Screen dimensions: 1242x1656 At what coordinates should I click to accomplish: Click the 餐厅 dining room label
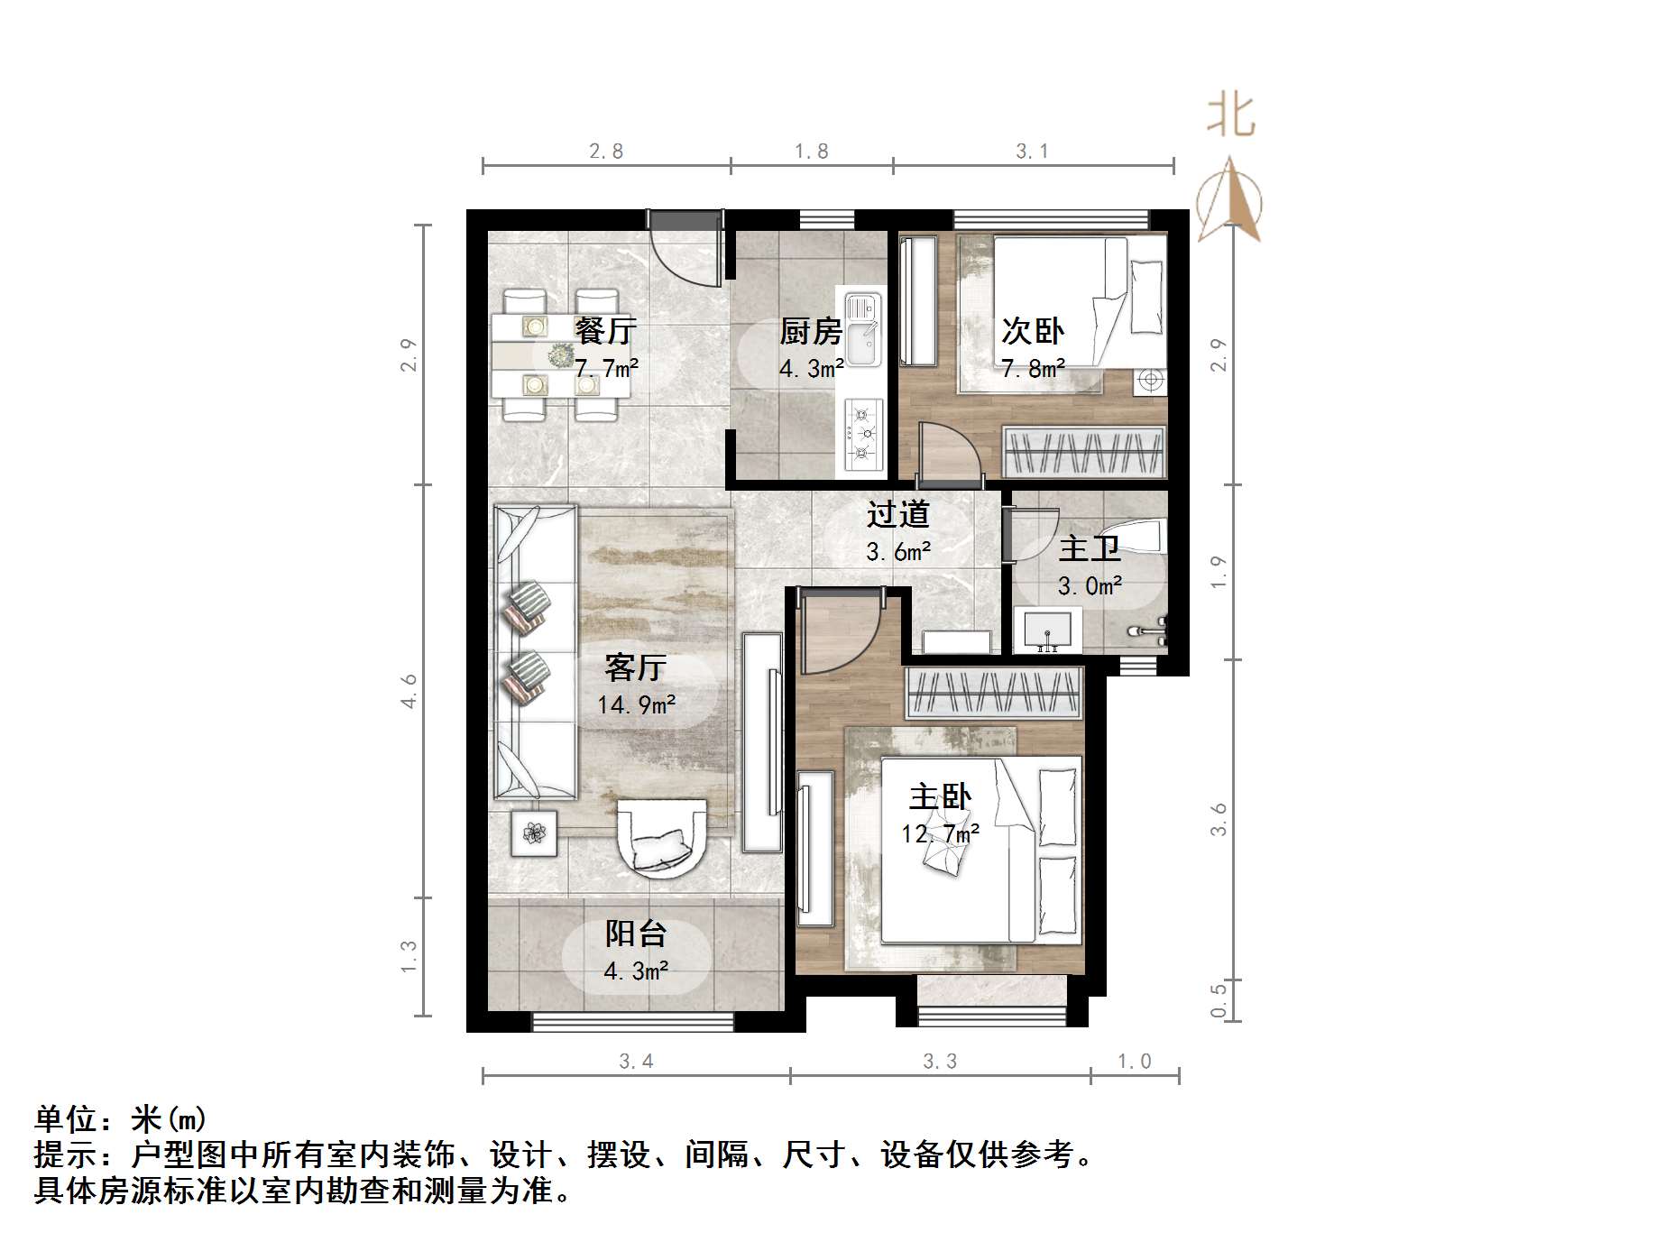click(x=605, y=331)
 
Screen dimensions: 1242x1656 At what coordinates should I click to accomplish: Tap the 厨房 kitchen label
click(x=810, y=332)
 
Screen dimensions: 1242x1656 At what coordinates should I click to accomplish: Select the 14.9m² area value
click(x=636, y=704)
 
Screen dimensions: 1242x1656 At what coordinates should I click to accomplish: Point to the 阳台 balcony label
click(x=635, y=934)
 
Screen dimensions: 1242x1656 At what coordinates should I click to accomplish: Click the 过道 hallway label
click(x=897, y=514)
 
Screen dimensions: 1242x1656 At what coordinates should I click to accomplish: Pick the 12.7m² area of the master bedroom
click(x=940, y=833)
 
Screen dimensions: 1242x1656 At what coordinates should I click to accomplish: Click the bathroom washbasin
click(x=1047, y=629)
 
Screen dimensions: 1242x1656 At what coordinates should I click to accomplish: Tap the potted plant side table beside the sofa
click(x=534, y=833)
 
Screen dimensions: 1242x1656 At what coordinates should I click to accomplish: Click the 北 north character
click(x=1230, y=116)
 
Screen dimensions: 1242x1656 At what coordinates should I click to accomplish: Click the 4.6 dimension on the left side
click(x=409, y=691)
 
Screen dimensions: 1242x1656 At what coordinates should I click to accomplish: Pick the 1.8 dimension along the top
click(x=811, y=152)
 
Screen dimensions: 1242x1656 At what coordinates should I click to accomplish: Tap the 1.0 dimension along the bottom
click(x=1134, y=1062)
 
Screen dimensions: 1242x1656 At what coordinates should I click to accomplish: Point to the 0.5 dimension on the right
click(x=1219, y=1000)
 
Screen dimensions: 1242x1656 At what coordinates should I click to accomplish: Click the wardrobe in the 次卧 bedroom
click(x=1082, y=452)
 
